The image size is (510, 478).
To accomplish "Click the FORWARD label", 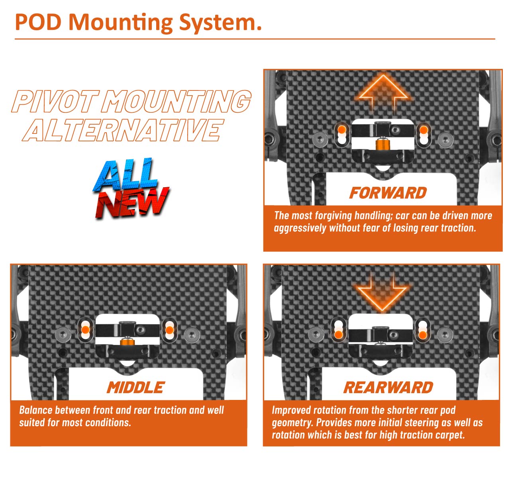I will click(x=388, y=193).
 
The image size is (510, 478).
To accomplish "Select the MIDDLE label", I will click(x=135, y=388).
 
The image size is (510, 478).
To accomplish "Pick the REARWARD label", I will click(x=388, y=388).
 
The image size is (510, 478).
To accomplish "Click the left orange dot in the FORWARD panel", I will click(x=342, y=129).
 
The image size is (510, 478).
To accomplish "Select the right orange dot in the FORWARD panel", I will click(x=424, y=129).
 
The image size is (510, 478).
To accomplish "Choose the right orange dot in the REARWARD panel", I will click(x=423, y=335).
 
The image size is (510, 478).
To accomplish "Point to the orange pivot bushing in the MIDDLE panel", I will click(x=127, y=341).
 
